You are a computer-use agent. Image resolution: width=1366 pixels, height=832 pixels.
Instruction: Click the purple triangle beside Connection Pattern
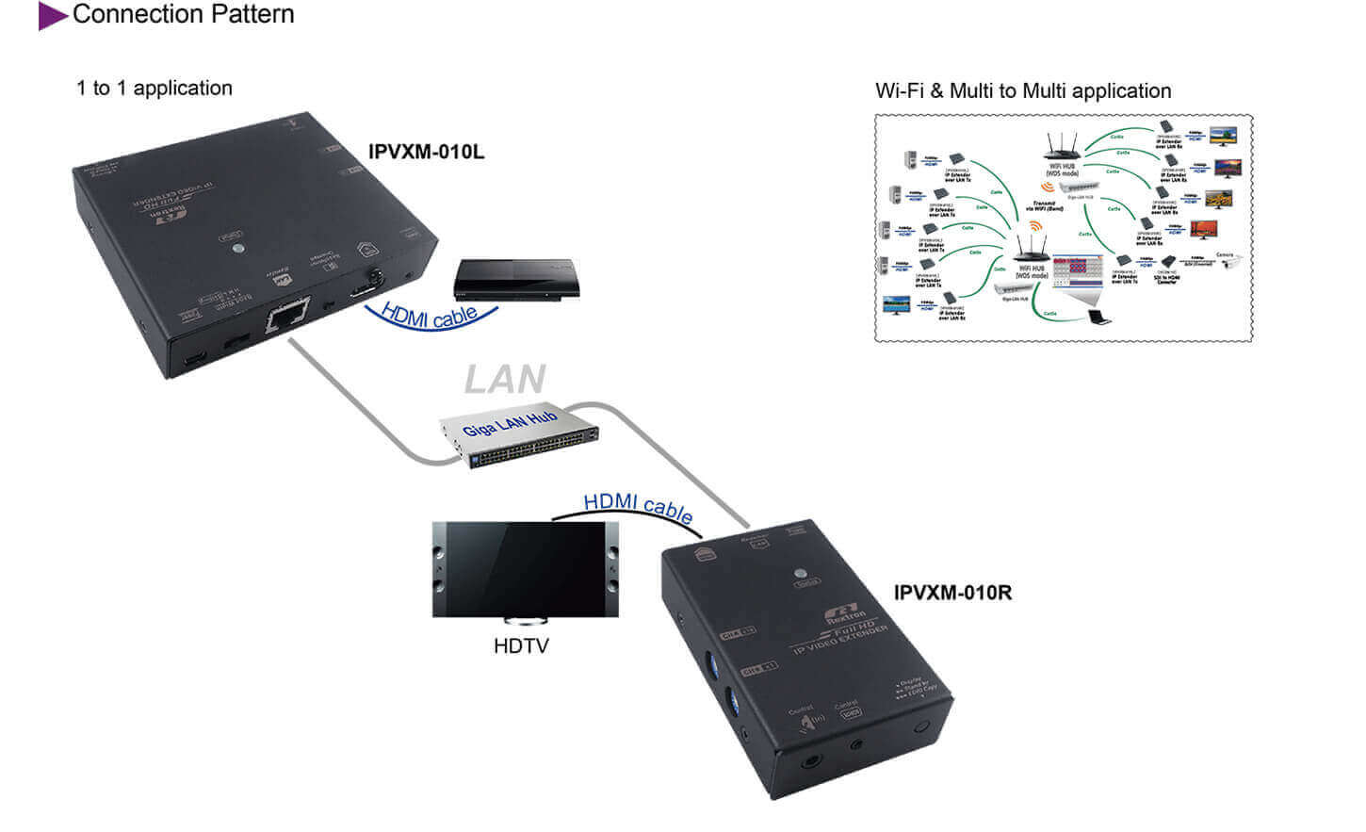51,16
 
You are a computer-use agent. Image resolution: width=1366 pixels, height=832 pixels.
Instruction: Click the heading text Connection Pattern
183,14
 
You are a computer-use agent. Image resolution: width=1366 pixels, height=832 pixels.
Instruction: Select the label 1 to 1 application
154,89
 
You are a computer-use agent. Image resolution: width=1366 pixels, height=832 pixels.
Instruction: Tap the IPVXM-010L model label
426,152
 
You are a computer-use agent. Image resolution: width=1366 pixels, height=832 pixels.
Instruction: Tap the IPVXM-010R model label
952,593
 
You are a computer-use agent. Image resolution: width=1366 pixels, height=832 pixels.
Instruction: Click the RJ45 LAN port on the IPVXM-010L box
287,316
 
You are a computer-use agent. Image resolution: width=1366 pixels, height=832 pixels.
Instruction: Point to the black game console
514,280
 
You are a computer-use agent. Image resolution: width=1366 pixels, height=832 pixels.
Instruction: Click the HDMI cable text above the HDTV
638,506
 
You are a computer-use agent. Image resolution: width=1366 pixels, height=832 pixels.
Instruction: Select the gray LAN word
505,380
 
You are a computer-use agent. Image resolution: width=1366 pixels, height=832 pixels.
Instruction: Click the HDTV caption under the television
521,646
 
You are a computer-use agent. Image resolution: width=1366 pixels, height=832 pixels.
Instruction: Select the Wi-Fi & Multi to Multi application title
1023,91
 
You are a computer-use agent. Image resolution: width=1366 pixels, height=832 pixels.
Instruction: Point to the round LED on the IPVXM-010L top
239,250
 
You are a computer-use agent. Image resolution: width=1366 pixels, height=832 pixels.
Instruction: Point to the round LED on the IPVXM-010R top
802,572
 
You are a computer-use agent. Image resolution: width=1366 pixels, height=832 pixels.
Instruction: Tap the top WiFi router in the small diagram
1063,147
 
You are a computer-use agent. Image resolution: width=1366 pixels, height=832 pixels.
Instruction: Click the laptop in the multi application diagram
1097,318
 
